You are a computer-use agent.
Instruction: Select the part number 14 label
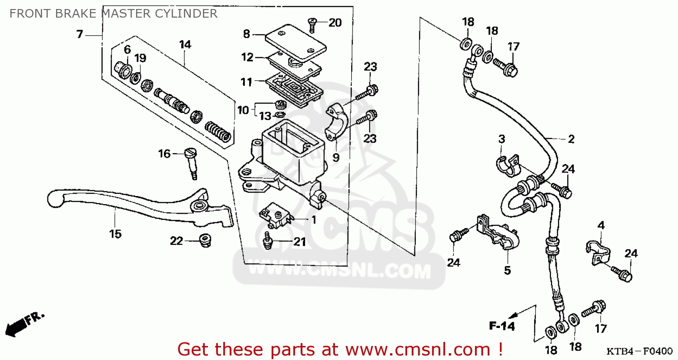coord(185,44)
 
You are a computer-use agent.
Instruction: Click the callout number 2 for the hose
coord(571,139)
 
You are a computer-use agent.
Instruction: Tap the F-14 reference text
coord(502,326)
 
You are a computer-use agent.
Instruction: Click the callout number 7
coord(80,34)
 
